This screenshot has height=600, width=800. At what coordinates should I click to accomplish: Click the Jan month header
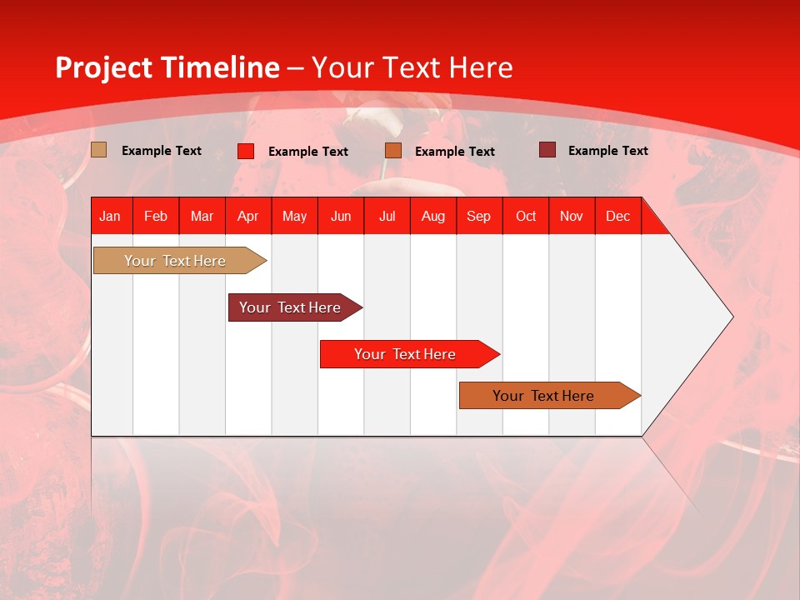tap(110, 216)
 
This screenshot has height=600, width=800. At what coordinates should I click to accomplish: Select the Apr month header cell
tap(248, 216)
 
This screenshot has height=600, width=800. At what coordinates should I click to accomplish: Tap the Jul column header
tap(387, 216)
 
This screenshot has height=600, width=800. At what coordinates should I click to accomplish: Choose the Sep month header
tap(478, 216)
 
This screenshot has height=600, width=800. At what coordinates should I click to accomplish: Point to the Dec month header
tap(617, 216)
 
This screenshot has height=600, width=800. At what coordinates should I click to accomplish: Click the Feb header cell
tap(156, 216)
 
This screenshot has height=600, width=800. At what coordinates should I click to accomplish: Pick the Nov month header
tap(572, 216)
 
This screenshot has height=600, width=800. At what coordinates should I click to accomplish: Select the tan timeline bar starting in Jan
tap(176, 261)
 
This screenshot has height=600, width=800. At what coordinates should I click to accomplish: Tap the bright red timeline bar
tap(406, 354)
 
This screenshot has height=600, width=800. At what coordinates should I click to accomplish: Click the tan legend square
tap(99, 150)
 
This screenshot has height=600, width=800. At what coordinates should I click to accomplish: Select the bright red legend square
tap(246, 151)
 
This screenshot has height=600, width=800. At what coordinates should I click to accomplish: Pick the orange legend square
tap(393, 151)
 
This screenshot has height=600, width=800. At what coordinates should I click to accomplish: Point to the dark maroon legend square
tap(547, 150)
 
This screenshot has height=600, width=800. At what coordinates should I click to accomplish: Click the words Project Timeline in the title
tap(167, 67)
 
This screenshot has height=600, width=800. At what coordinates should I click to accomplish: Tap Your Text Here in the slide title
tap(412, 67)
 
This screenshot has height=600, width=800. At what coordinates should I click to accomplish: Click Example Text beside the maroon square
tap(607, 151)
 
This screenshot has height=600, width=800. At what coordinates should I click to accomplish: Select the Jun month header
tap(341, 216)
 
